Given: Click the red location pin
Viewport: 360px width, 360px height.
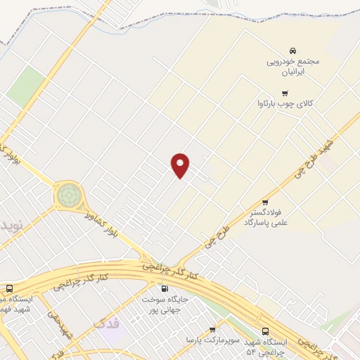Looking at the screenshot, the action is (181, 165).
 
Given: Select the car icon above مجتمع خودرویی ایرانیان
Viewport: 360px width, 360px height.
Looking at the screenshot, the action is (292, 51).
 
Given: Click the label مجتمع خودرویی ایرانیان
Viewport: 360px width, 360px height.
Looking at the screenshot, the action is (292, 66).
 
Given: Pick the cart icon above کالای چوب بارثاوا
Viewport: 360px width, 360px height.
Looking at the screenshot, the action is (285, 93).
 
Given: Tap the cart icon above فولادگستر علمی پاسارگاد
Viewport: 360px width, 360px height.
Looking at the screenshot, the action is (265, 202).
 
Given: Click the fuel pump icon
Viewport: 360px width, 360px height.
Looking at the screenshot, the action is (165, 288).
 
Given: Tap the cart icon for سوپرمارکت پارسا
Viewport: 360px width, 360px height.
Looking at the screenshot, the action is (212, 329).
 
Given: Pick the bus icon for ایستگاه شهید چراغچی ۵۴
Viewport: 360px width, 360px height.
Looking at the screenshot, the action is (265, 330).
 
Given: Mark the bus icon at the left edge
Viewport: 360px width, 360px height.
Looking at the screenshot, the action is (9, 288).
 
